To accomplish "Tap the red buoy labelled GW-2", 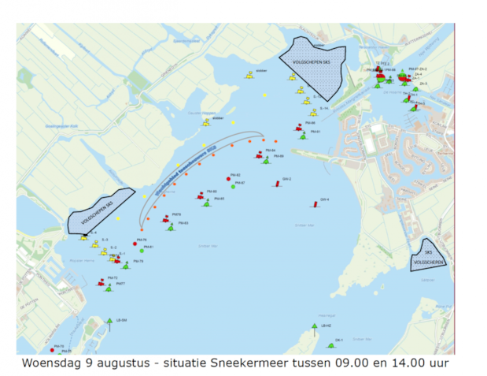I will pos(277,183).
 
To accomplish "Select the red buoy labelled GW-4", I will pos(315,203).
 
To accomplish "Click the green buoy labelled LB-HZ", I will pos(315,327).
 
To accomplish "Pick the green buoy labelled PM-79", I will pos(126,265).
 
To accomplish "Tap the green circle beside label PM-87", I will pos(233,186).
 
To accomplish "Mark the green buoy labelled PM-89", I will pos(266,160).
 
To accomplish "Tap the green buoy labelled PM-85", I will pos(207,203).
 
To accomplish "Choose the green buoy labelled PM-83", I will pos(172,227).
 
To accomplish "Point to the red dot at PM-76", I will pos(135,244).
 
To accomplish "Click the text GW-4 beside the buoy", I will pos(324,199).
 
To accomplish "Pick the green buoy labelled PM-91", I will pos(303,136).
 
